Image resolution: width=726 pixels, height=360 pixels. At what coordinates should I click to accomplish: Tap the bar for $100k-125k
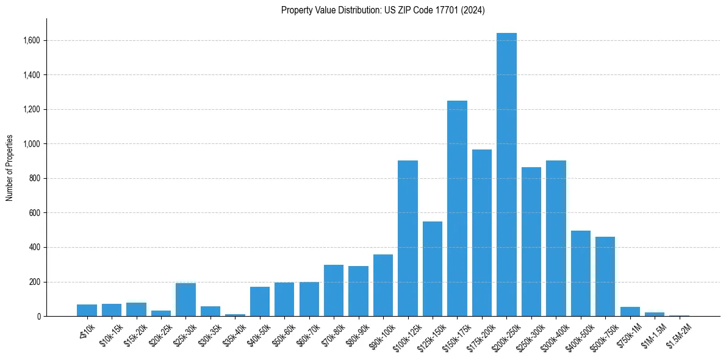point(408,239)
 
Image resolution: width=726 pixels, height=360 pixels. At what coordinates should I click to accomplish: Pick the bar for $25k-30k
point(185,300)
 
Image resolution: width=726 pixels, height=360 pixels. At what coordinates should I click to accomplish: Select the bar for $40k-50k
point(260,301)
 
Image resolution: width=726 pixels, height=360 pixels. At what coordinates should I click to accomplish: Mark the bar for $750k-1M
point(630,312)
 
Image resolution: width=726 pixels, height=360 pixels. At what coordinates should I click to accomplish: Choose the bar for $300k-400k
point(556,239)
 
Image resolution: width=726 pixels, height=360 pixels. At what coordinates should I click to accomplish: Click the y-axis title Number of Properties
point(10,168)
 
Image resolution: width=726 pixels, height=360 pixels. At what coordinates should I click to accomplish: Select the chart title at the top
point(383,10)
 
